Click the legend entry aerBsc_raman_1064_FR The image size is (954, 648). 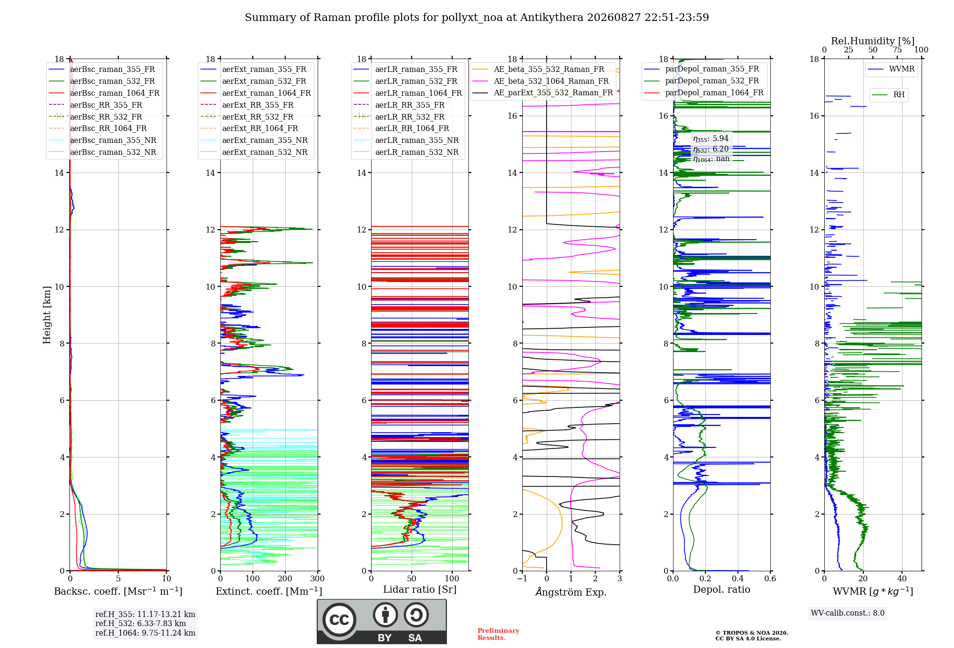(x=114, y=93)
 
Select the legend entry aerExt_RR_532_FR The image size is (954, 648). (x=258, y=117)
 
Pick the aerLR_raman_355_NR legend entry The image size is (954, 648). (x=417, y=140)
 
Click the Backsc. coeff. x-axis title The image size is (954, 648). (x=118, y=591)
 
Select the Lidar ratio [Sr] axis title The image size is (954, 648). (x=420, y=589)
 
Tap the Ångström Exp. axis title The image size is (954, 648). (x=571, y=592)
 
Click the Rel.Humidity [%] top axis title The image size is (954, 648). (x=873, y=41)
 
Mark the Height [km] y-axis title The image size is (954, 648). (x=47, y=315)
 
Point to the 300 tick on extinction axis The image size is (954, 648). (x=317, y=579)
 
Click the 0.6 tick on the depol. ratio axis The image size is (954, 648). (x=770, y=579)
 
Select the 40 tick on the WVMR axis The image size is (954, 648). (x=902, y=579)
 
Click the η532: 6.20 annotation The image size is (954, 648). (x=711, y=149)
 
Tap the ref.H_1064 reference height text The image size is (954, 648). (x=145, y=633)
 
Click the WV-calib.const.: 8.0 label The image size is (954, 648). (x=848, y=613)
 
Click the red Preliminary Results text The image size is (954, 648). (x=498, y=634)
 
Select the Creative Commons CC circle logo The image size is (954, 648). (x=339, y=620)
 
